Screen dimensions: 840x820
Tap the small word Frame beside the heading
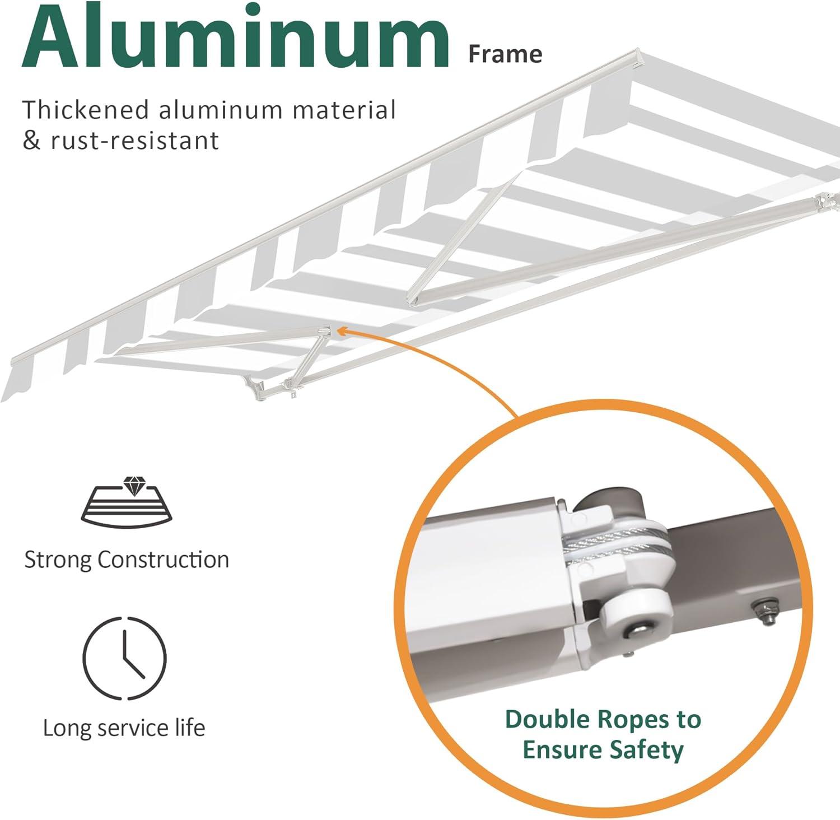pos(505,54)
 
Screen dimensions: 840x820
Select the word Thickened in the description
pos(86,110)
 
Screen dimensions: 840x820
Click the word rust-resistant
pos(134,140)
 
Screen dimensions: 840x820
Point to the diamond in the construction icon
pos(133,486)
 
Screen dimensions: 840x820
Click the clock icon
pos(125,658)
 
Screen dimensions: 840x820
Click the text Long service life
pos(124,728)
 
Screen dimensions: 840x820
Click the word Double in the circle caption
pos(546,719)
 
